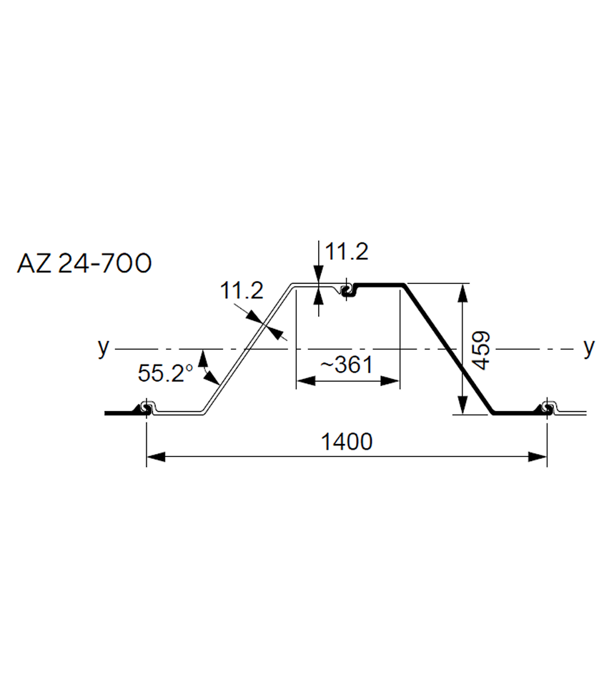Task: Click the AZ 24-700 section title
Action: click(84, 263)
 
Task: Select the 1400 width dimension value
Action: click(347, 442)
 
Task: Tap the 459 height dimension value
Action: click(482, 350)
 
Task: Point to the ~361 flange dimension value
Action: click(347, 365)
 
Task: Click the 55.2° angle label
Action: click(165, 372)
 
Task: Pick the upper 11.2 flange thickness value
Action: click(347, 252)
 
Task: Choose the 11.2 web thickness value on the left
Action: click(242, 290)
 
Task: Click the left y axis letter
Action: click(104, 347)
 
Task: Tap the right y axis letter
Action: click(588, 347)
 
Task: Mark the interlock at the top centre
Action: click(348, 290)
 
